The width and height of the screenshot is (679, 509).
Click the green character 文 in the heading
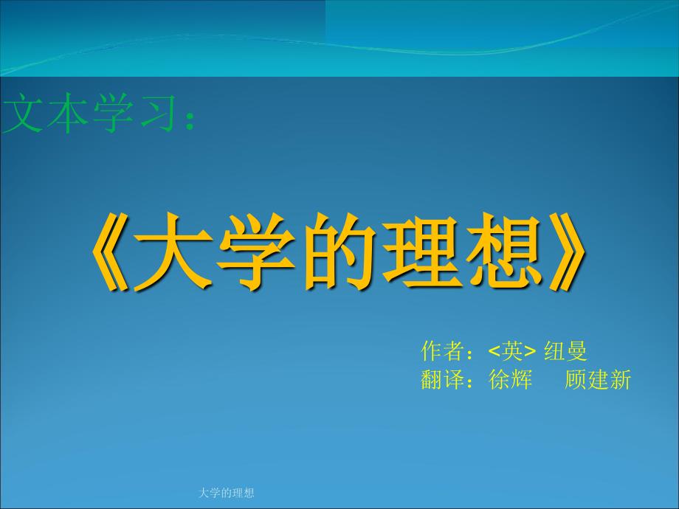coord(23,114)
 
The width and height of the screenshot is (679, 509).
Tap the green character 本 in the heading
coord(67,114)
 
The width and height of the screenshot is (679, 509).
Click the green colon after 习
coord(189,119)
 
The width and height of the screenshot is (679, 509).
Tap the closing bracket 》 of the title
coord(568,252)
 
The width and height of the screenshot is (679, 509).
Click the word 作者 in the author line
coord(441,350)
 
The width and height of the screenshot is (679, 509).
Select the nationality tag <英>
coord(512,351)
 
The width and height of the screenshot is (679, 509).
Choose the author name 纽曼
coord(565,350)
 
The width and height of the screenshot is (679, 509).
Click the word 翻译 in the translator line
coord(441,380)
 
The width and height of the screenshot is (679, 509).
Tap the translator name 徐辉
coord(510,380)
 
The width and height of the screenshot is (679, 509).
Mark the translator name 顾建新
coord(598,380)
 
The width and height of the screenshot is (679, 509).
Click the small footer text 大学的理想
coord(226,493)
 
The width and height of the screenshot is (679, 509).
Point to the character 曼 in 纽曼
coord(576,350)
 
